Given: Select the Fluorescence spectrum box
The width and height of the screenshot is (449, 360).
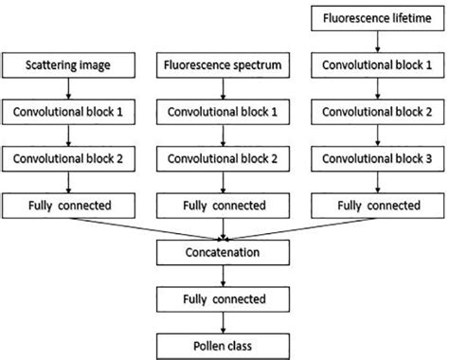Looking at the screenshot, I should coord(224,66).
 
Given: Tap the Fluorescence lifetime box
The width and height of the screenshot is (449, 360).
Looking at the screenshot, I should coord(378,18).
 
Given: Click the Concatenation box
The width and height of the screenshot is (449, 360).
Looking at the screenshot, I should coord(224,255).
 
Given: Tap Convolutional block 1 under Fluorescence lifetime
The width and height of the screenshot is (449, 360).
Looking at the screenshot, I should coord(378,66).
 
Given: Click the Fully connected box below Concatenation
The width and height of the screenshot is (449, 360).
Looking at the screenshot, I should coord(224,297).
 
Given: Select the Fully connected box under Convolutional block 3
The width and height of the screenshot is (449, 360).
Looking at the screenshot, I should coord(378,204).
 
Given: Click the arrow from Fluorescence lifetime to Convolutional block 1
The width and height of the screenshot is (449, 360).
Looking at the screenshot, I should coord(378,42).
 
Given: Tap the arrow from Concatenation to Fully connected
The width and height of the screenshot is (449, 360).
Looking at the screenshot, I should coord(224,276).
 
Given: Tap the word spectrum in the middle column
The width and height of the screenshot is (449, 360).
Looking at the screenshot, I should coord(248,66).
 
